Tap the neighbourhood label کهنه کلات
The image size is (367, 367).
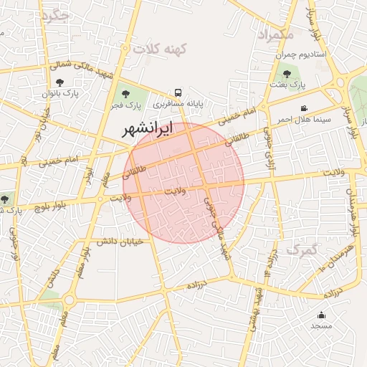(x=158, y=49)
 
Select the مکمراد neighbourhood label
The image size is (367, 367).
(x=275, y=34)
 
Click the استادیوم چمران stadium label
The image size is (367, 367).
(x=301, y=54)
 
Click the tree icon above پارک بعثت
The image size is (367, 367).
(x=287, y=73)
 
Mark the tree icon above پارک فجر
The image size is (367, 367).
(x=126, y=93)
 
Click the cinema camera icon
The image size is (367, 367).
(x=304, y=108)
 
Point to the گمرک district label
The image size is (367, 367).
(x=301, y=249)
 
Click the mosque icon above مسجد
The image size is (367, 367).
(x=321, y=315)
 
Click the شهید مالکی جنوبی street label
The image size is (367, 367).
(x=216, y=229)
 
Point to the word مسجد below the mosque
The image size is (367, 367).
(x=321, y=326)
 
